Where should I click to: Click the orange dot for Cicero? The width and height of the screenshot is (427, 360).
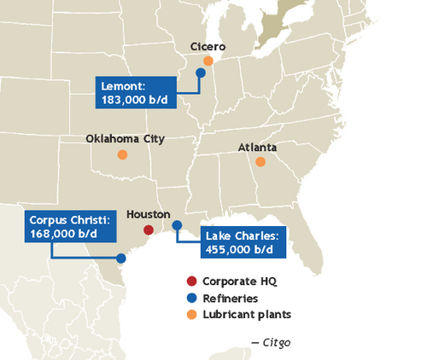click(x=208, y=61)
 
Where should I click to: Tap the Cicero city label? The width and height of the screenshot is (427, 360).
click(x=208, y=47)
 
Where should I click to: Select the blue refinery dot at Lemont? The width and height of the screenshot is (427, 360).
click(x=201, y=73)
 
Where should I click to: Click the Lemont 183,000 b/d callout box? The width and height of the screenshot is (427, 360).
click(x=135, y=92)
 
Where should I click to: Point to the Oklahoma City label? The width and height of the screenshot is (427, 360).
click(x=126, y=138)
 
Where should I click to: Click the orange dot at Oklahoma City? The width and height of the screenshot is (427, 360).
click(x=122, y=154)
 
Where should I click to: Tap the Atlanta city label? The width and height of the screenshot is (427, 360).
click(x=257, y=147)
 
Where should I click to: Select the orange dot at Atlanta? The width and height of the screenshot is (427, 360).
click(x=260, y=161)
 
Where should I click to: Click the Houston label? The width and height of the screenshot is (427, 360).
click(x=148, y=215)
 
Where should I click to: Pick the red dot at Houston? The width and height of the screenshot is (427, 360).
click(x=148, y=230)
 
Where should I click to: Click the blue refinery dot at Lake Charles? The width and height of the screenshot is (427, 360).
click(x=177, y=225)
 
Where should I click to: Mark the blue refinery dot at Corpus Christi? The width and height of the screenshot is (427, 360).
click(x=121, y=258)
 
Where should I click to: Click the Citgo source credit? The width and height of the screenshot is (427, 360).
click(x=271, y=342)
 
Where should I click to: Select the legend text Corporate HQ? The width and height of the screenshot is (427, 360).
click(x=240, y=281)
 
